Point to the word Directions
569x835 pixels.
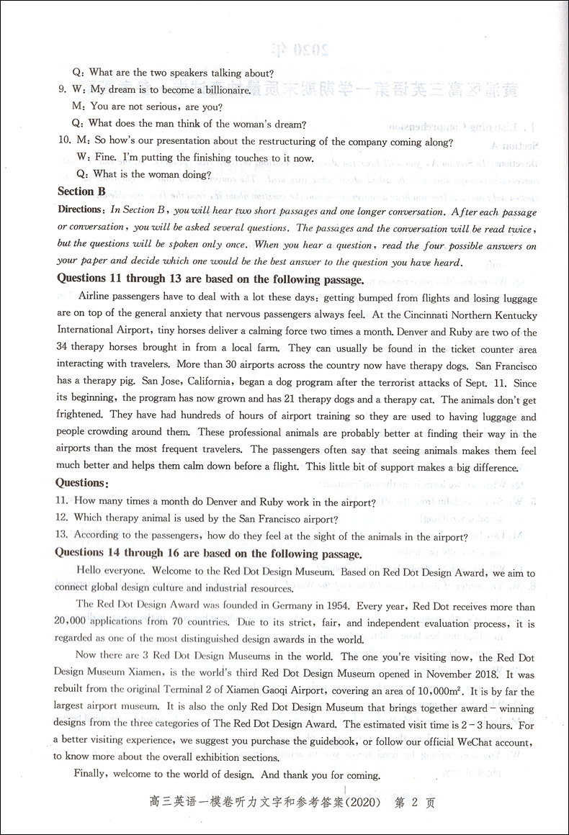(80, 210)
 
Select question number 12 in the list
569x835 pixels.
(61, 518)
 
